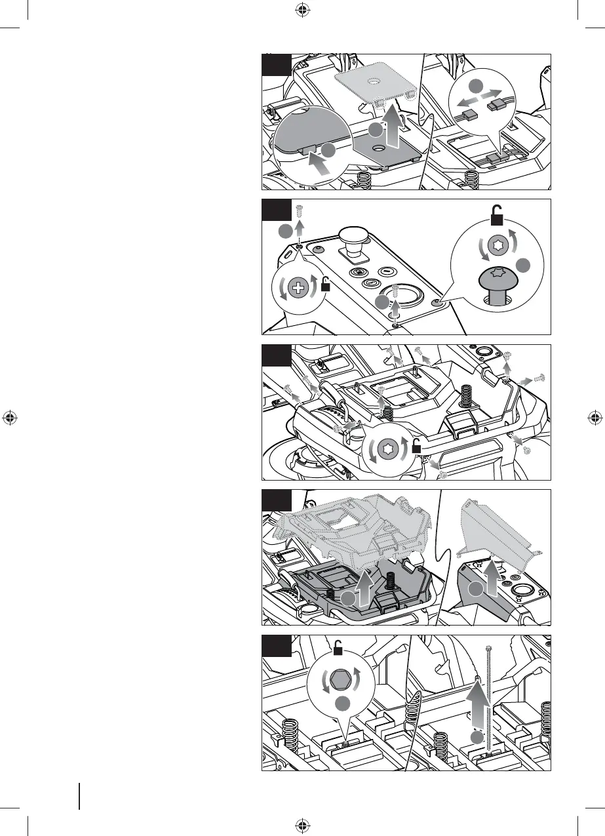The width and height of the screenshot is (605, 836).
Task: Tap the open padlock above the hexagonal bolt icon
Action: pos(339,650)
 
